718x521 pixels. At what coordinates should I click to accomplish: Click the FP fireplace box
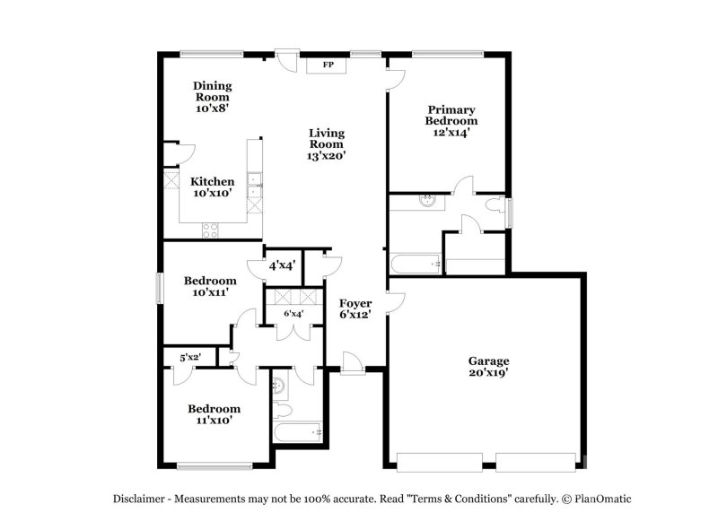(x=327, y=65)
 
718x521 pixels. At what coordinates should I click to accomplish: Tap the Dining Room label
(x=213, y=91)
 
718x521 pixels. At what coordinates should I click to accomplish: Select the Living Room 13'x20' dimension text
(x=326, y=155)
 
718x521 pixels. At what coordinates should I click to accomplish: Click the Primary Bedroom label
(x=451, y=116)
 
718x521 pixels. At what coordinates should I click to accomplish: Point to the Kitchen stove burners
(x=210, y=230)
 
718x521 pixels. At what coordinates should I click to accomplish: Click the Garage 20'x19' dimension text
(x=489, y=372)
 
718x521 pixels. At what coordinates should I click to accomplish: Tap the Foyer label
(x=355, y=303)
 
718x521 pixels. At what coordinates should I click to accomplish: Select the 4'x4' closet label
(x=282, y=265)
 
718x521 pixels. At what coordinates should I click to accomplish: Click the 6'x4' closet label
(x=293, y=314)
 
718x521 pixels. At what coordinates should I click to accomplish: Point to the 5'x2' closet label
(x=190, y=357)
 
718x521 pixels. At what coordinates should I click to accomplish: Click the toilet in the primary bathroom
(x=495, y=205)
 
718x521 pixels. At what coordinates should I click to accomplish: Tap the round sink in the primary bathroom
(x=427, y=200)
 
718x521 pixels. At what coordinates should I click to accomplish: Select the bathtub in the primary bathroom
(x=416, y=264)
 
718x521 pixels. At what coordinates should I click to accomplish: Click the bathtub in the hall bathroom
(x=298, y=432)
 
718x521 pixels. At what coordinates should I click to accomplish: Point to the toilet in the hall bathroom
(x=282, y=410)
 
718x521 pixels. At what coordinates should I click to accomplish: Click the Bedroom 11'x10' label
(x=215, y=414)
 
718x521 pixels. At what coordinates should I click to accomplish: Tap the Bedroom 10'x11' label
(x=210, y=286)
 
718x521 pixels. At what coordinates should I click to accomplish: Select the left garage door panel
(x=440, y=462)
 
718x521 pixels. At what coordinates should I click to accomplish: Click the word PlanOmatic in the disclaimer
(x=602, y=499)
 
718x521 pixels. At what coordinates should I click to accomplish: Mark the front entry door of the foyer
(x=353, y=364)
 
